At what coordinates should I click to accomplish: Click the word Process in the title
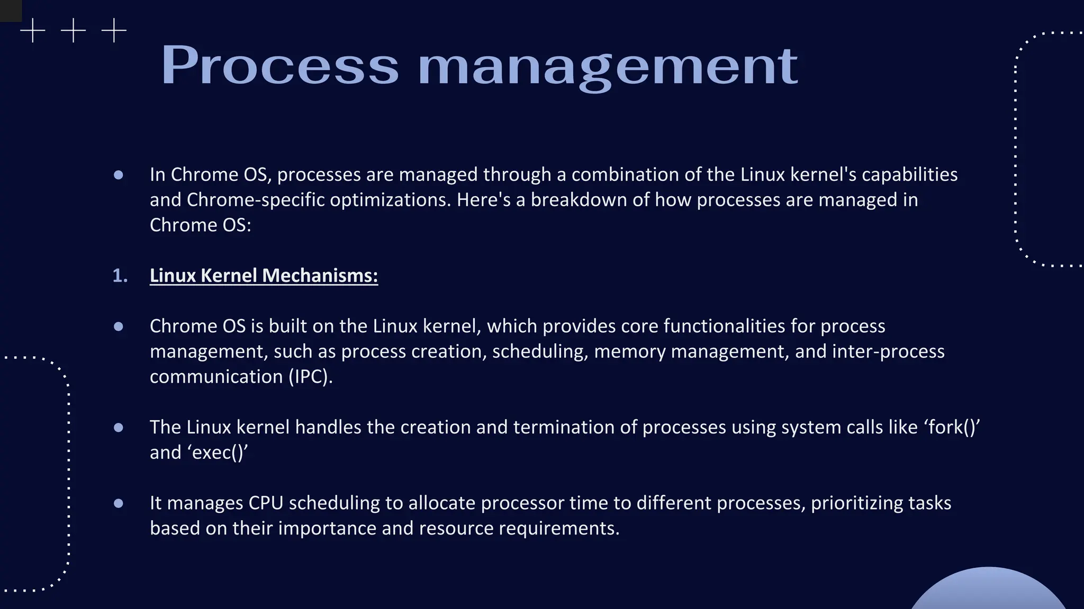coord(279,66)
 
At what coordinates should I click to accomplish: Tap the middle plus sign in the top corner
coord(73,31)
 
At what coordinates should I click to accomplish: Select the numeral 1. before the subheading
coord(120,275)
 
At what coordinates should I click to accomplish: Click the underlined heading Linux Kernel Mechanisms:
coord(264,275)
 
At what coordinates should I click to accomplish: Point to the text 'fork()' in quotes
coord(952,427)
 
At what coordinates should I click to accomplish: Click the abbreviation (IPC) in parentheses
coord(310,376)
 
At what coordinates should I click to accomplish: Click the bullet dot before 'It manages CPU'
coord(119,503)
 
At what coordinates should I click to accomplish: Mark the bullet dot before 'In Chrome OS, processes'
coord(119,174)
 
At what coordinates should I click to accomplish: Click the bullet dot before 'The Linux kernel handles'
coord(119,427)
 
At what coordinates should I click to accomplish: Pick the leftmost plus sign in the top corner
coord(33,31)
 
